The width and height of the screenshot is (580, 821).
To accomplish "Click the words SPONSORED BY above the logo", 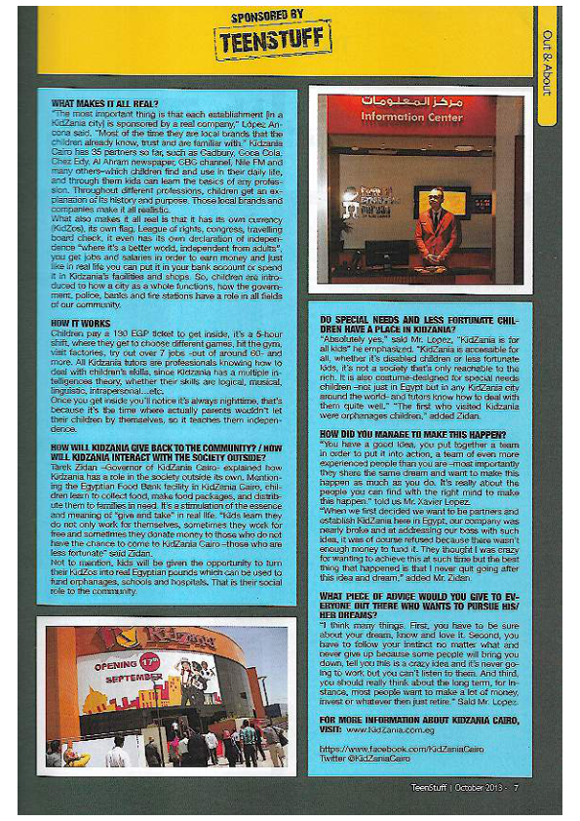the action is (x=267, y=16).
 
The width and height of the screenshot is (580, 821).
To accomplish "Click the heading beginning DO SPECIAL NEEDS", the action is (x=409, y=323).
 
